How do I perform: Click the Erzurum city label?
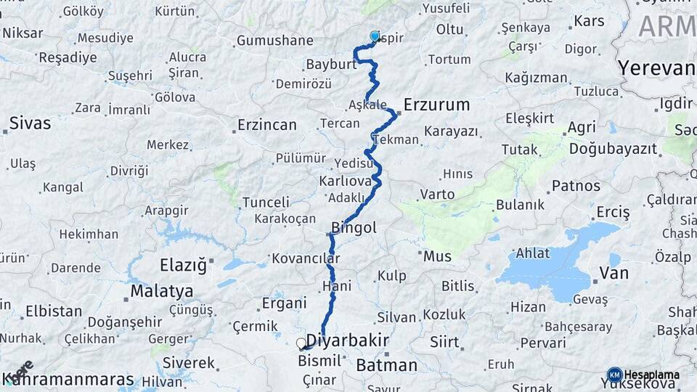[436, 105]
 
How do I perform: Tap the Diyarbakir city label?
[347, 340]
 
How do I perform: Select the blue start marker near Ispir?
[375, 36]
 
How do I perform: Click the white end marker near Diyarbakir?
[301, 343]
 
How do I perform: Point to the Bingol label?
[354, 227]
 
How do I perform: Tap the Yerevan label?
[656, 68]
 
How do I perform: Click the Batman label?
[386, 365]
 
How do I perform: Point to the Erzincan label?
[267, 125]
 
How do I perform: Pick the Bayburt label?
[330, 65]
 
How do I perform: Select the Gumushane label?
[275, 41]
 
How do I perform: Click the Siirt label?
[444, 340]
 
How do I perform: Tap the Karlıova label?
[345, 179]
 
